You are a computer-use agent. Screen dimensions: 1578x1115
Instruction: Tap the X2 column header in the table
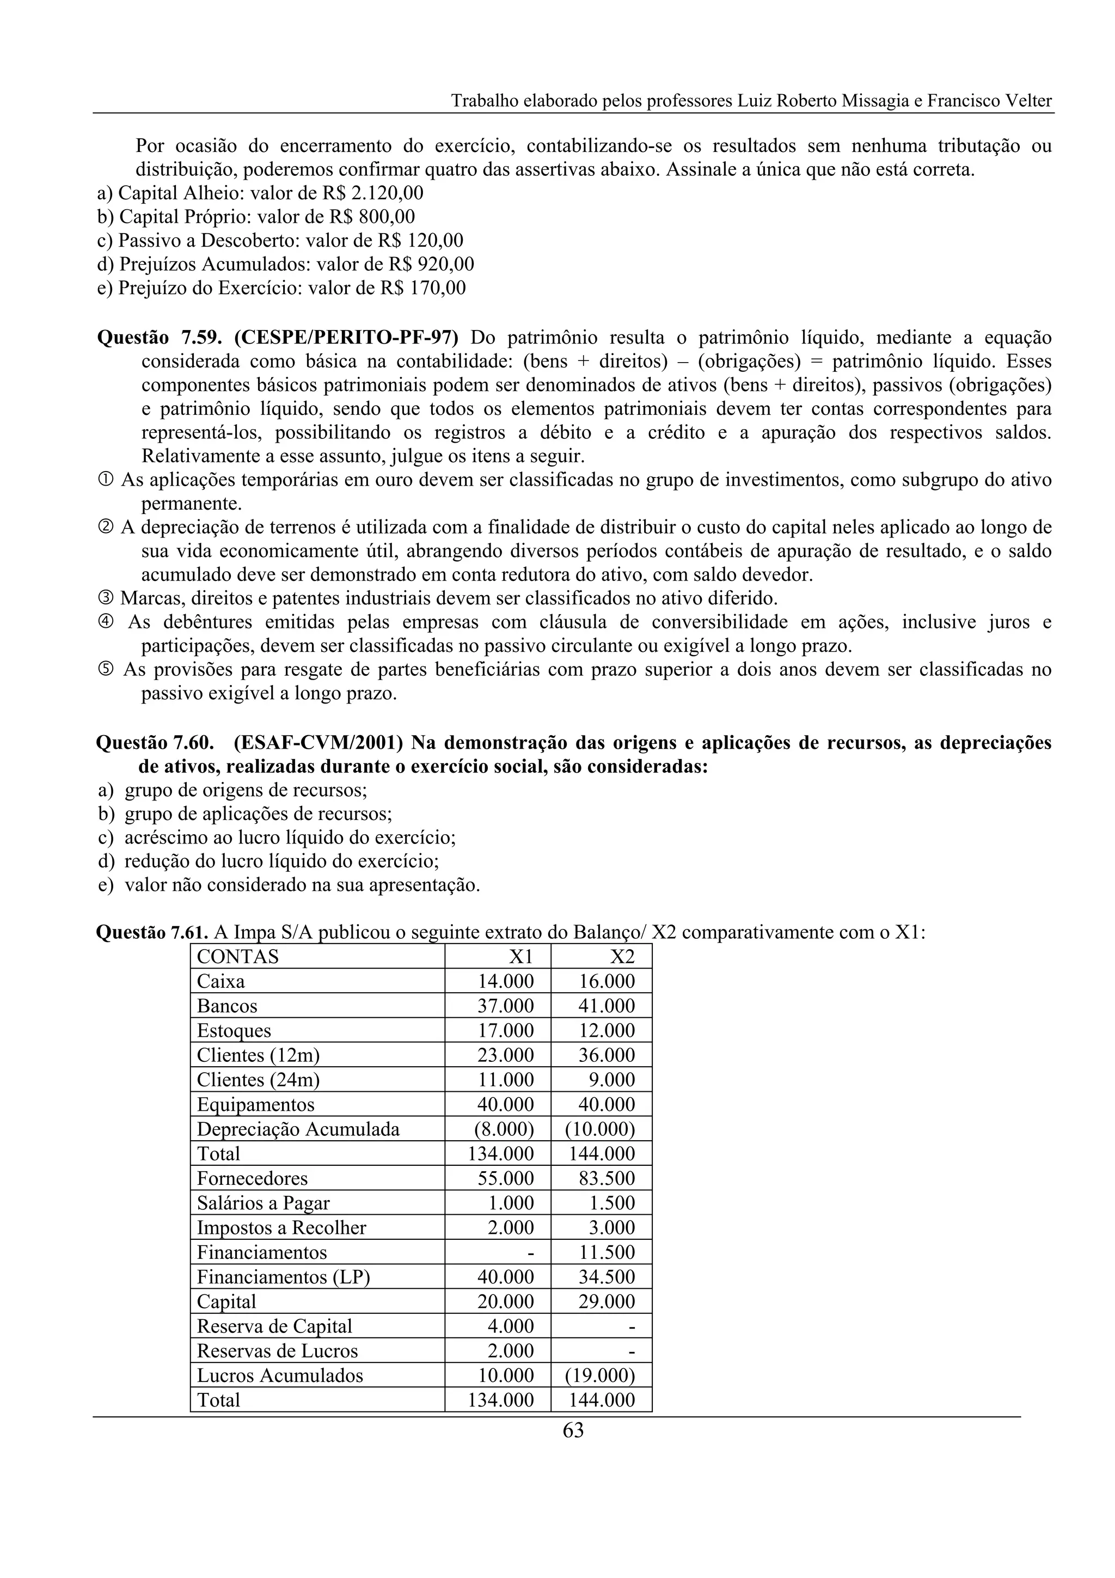click(x=621, y=956)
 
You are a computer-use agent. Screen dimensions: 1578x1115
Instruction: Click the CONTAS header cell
click(x=238, y=956)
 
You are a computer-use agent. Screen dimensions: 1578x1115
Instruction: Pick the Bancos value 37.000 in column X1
click(x=506, y=1006)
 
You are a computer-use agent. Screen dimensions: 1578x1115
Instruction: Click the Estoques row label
click(x=234, y=1030)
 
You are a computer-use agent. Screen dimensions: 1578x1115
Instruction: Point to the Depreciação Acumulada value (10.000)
click(x=600, y=1129)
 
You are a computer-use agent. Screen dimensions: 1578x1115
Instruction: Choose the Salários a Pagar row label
click(x=263, y=1203)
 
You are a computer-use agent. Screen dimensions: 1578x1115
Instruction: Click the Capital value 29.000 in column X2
click(x=606, y=1301)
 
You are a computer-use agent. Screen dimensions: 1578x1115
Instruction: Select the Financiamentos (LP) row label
click(x=283, y=1277)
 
